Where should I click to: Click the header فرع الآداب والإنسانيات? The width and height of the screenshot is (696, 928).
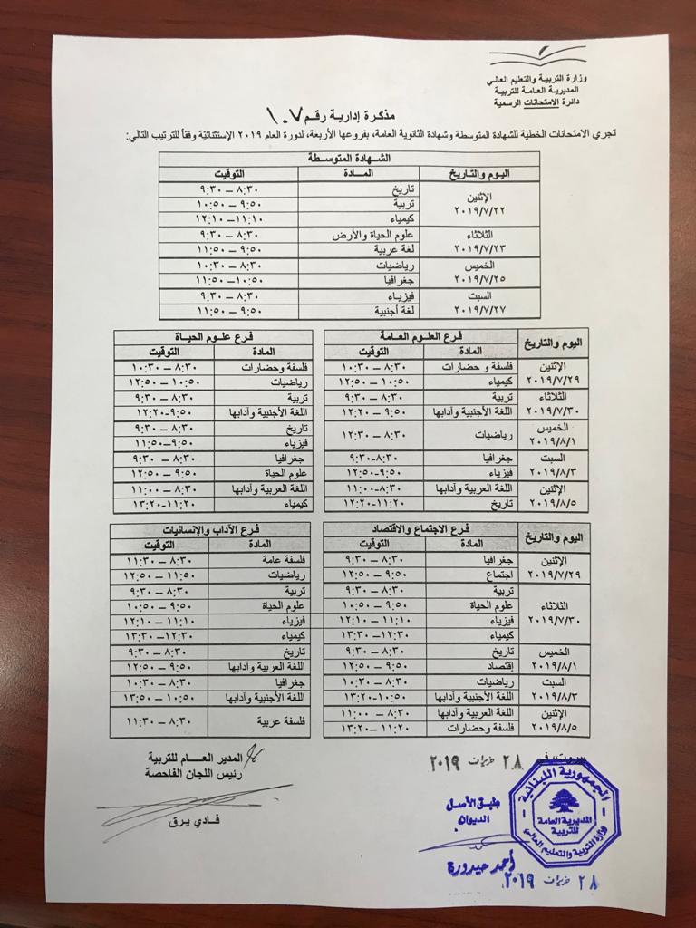[210, 528]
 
